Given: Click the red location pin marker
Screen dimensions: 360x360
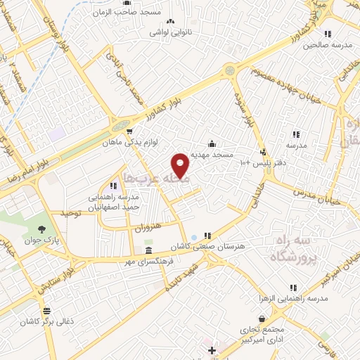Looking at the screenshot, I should [181, 165].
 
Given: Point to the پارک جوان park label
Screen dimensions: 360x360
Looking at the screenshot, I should [43, 240].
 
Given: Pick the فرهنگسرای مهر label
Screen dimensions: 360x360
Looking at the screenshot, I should [150, 261].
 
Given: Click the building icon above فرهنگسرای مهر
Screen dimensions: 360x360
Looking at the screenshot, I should [148, 251].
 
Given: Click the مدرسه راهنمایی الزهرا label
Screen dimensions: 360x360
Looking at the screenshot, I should [290, 299].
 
